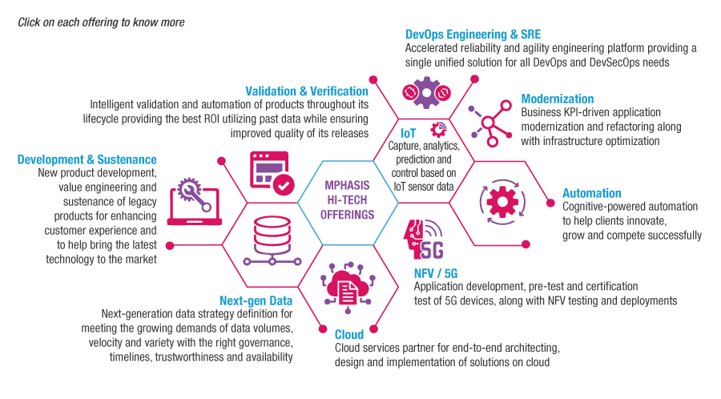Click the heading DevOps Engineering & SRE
pos(473,34)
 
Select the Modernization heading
pos(558,99)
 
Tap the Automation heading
pos(591,193)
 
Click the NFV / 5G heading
pos(436,273)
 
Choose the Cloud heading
pos(349,334)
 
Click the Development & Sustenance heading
pos(87,159)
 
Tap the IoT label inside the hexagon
pos(409,132)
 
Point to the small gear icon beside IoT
pos(437,129)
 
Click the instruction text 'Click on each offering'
pos(101,22)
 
